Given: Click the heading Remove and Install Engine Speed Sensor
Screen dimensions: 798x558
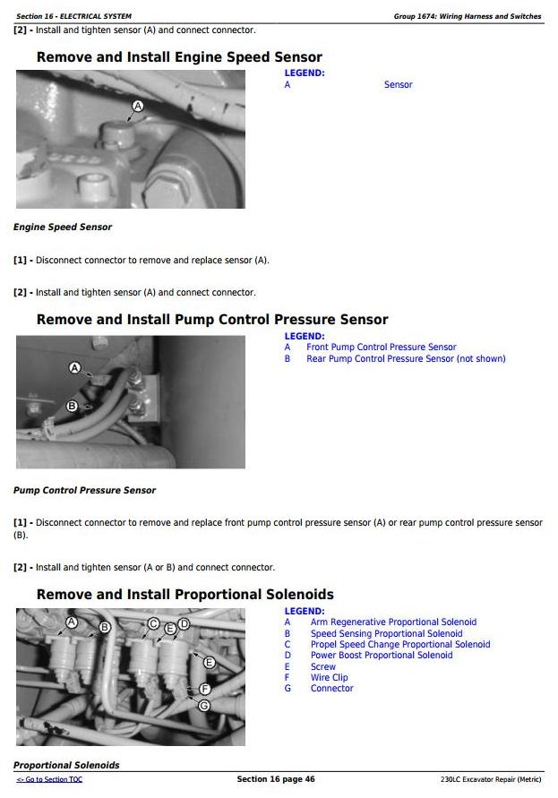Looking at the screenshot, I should pyautogui.click(x=179, y=57).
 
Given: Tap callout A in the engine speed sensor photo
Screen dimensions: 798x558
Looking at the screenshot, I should pyautogui.click(x=137, y=106).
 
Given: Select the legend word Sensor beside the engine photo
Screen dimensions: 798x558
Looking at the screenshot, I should pyautogui.click(x=398, y=85).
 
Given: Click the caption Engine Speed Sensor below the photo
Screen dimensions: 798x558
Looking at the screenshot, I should pyautogui.click(x=63, y=227).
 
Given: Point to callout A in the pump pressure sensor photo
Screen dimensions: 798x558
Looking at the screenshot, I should pyautogui.click(x=74, y=368).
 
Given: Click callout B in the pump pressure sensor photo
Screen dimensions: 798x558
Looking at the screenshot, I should pyautogui.click(x=73, y=406).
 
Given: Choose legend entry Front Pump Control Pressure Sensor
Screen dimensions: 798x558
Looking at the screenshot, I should pyautogui.click(x=381, y=348).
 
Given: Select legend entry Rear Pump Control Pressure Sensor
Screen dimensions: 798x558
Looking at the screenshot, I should pyautogui.click(x=406, y=359).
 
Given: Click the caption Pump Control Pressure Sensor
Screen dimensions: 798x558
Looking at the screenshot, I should pyautogui.click(x=84, y=491).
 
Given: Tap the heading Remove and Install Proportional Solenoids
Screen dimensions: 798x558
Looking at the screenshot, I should pyautogui.click(x=185, y=595).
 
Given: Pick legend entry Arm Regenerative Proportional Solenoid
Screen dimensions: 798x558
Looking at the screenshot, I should pyautogui.click(x=393, y=622).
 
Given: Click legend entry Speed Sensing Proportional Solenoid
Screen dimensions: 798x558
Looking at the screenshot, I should pyautogui.click(x=386, y=634).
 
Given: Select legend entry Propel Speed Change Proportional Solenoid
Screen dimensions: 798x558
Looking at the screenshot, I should pyautogui.click(x=400, y=645).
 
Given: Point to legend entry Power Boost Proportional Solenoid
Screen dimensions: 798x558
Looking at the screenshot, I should pyautogui.click(x=382, y=656).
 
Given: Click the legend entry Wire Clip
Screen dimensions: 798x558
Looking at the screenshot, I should pyautogui.click(x=329, y=678).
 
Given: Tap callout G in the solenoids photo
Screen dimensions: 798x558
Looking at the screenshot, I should pyautogui.click(x=204, y=705).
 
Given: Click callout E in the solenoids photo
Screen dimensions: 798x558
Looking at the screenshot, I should pyautogui.click(x=210, y=663).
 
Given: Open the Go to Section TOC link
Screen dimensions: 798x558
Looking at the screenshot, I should pyautogui.click(x=49, y=780).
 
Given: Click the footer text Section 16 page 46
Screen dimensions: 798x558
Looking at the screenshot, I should pyautogui.click(x=275, y=779).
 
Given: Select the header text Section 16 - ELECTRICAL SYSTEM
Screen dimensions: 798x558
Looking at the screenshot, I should pyautogui.click(x=73, y=16).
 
